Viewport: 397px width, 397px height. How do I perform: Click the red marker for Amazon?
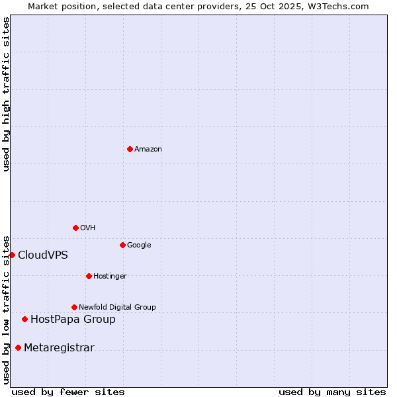tap(130, 149)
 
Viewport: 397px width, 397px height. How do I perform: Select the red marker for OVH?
tap(75, 228)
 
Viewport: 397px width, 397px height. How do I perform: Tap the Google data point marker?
tap(122, 245)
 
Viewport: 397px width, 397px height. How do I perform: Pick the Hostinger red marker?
tap(89, 276)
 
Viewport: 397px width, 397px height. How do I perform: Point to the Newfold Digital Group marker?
tap(74, 307)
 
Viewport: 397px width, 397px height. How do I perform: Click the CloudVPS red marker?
tap(12, 255)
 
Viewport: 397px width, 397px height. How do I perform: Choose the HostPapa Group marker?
tap(24, 319)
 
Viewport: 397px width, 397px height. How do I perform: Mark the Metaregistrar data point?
tap(18, 347)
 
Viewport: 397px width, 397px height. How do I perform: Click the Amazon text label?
tap(148, 150)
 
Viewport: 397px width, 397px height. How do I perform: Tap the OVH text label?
tap(87, 228)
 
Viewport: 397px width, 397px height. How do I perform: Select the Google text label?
tap(139, 245)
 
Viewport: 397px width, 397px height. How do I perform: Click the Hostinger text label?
tap(110, 277)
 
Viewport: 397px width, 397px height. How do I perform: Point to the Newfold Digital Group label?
tap(117, 308)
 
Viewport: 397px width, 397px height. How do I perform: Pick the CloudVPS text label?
tap(42, 255)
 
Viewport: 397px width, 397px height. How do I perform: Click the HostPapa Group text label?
tap(73, 320)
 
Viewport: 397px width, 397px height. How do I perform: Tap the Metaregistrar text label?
tap(59, 348)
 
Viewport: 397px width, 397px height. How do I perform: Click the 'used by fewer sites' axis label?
tap(68, 392)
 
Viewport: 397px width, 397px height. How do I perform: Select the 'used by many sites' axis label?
tap(332, 392)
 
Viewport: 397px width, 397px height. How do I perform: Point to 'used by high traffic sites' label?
tap(6, 95)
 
